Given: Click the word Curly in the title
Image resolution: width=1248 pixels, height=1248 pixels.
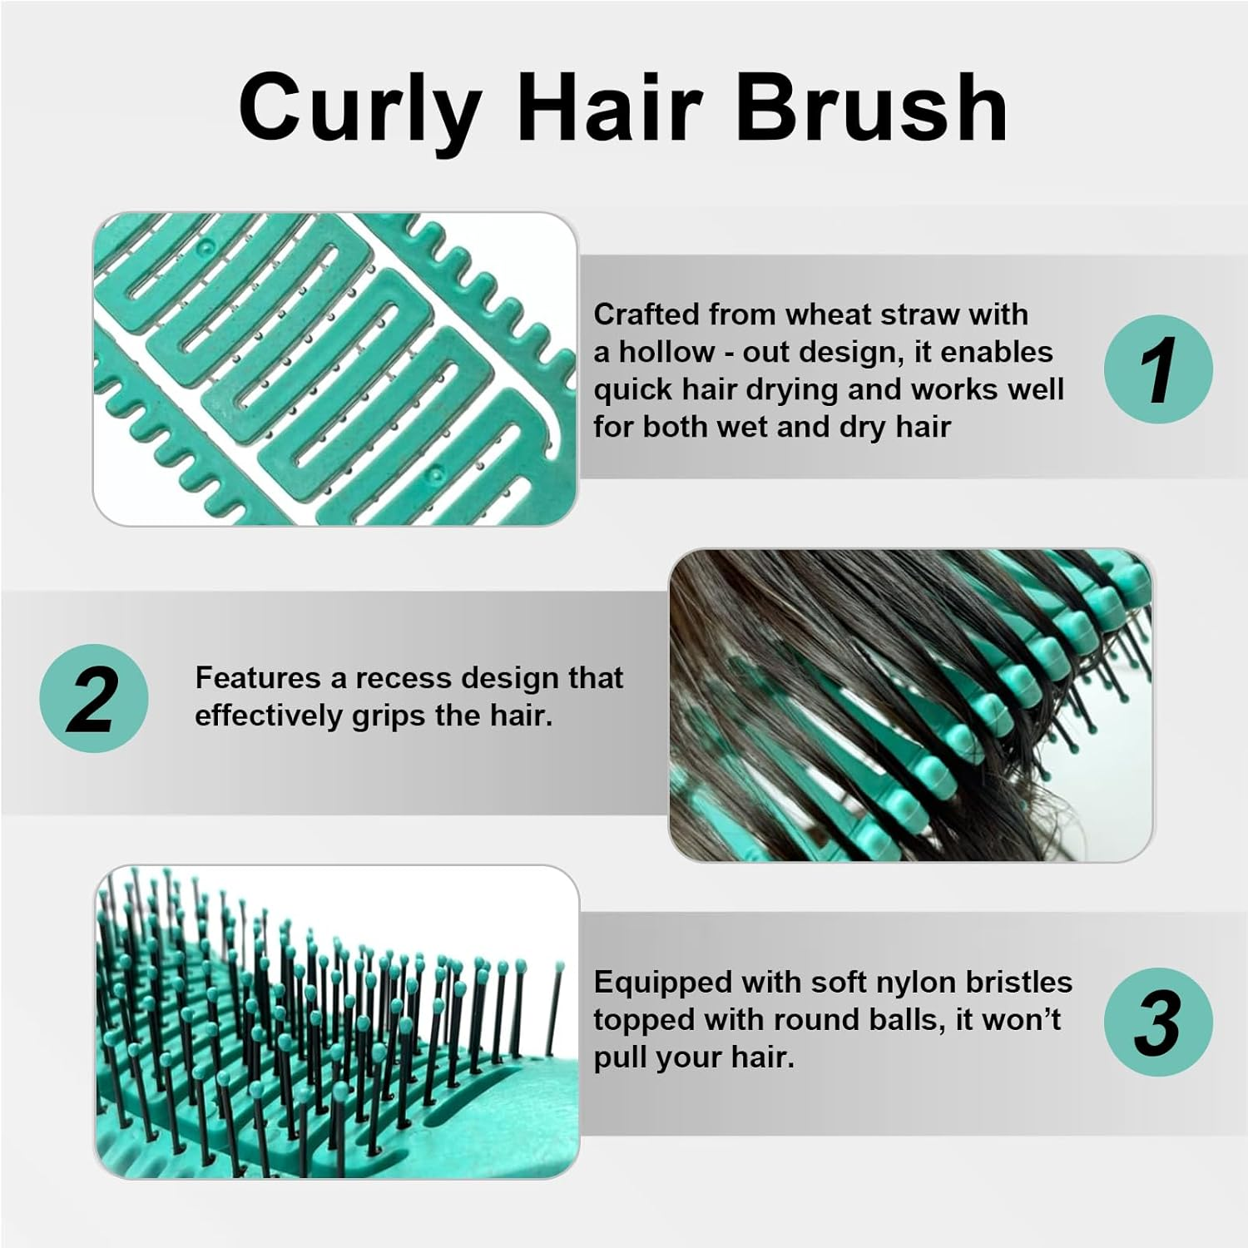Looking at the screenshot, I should click(359, 110).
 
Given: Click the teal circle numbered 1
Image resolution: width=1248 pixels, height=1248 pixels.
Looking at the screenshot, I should click(1158, 369).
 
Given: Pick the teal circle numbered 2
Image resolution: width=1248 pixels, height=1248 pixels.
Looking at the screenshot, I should click(94, 698).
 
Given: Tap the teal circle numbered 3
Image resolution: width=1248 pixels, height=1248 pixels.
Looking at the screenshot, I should click(1158, 1022).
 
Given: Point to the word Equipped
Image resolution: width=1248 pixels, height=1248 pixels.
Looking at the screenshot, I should click(663, 983).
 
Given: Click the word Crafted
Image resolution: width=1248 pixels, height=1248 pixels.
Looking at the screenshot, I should click(646, 314).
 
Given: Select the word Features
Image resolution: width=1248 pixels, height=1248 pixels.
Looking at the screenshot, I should click(259, 678).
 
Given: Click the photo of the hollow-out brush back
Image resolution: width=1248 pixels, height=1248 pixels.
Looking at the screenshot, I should click(334, 369).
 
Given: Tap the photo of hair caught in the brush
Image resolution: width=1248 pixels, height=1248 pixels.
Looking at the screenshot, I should click(911, 706).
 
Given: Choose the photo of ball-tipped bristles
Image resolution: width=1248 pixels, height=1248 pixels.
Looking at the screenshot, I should click(335, 1022).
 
